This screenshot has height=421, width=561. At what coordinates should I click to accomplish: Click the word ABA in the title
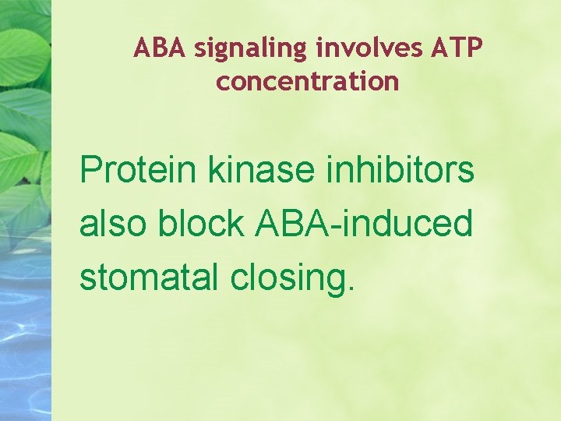(x=160, y=48)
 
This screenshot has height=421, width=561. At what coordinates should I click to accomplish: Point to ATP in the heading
(x=456, y=48)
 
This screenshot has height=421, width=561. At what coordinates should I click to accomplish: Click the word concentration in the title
(x=308, y=81)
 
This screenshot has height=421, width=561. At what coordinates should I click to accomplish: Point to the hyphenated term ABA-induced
(x=364, y=224)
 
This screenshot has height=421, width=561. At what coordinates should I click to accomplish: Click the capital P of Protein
(x=90, y=169)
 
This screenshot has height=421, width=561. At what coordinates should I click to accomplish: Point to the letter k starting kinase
(x=215, y=169)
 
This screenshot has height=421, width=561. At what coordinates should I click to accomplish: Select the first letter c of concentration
(x=223, y=83)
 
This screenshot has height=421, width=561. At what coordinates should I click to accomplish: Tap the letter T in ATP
(x=456, y=48)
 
